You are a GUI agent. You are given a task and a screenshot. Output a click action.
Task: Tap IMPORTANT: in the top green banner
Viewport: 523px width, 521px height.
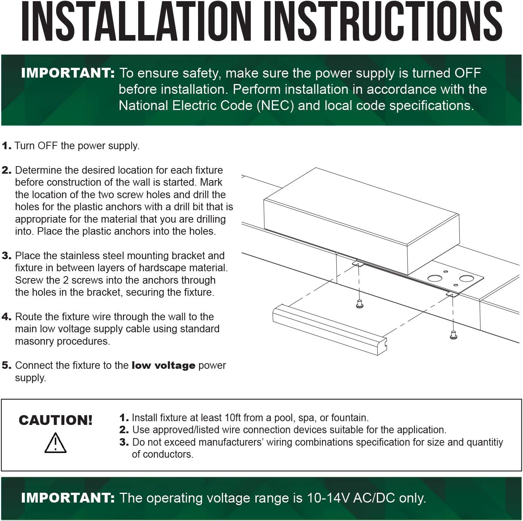point(68,73)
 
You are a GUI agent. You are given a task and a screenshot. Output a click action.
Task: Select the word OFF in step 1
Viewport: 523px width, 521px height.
point(47,145)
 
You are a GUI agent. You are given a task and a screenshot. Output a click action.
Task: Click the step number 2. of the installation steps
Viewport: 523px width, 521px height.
point(6,170)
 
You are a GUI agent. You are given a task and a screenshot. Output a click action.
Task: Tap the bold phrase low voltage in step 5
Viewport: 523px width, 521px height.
point(163,365)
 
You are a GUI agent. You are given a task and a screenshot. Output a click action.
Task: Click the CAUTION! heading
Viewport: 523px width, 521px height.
point(56,420)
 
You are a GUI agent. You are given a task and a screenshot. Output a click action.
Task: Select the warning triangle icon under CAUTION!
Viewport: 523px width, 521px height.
point(55,443)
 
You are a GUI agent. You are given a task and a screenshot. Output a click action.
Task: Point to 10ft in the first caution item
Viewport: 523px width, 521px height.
point(233,417)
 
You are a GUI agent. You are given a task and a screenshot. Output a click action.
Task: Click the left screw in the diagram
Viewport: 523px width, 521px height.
point(360,304)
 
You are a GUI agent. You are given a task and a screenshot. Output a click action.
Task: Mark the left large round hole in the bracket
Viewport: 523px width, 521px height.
point(435,278)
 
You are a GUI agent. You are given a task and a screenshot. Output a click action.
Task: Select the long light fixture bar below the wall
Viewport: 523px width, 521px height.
point(329,330)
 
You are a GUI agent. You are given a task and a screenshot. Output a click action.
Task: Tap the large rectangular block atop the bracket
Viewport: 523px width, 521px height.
point(361,221)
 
